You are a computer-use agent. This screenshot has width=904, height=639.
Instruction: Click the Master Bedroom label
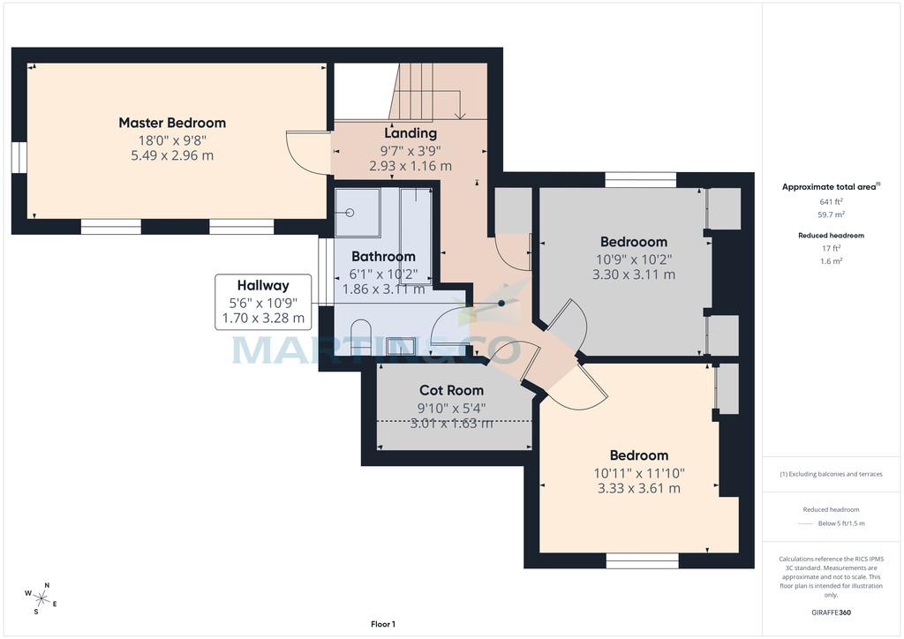172,123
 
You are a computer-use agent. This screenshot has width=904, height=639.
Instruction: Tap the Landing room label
411,133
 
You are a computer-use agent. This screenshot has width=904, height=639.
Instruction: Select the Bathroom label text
383,257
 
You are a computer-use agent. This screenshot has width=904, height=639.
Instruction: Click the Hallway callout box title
263,286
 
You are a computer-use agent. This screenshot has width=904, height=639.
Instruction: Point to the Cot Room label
451,390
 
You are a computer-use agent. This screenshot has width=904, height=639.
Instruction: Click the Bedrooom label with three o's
634,242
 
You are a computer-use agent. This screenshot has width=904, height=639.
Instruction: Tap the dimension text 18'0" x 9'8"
172,140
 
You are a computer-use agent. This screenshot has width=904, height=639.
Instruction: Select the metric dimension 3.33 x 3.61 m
639,489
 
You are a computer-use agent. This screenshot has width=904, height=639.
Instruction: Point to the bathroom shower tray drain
350,213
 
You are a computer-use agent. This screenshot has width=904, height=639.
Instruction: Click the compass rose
41,598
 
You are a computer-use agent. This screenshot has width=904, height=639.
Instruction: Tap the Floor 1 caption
383,624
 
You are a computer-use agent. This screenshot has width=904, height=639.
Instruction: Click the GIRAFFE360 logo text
831,613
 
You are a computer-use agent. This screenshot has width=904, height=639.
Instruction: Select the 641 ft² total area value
831,201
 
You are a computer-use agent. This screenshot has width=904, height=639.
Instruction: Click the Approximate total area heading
831,187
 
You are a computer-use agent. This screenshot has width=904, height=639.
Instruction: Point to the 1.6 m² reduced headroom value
831,261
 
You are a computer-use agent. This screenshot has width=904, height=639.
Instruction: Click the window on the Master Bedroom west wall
19,157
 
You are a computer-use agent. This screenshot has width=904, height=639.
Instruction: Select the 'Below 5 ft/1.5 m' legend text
841,523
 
